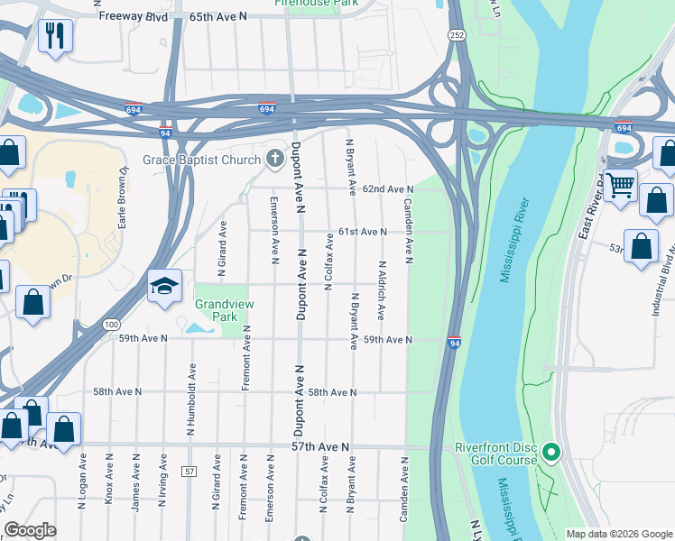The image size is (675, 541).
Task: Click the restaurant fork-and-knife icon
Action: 55,36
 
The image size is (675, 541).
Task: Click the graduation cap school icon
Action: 164,287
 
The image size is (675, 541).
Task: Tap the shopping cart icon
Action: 620,186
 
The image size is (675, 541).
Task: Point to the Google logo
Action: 31,530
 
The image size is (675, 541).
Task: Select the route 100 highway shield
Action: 111,324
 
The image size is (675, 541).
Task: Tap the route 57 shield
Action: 189,472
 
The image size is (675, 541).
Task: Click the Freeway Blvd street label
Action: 134,16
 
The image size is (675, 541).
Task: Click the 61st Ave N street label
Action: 363,232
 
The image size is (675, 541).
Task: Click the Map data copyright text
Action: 618,534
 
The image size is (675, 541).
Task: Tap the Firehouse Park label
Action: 315,4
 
